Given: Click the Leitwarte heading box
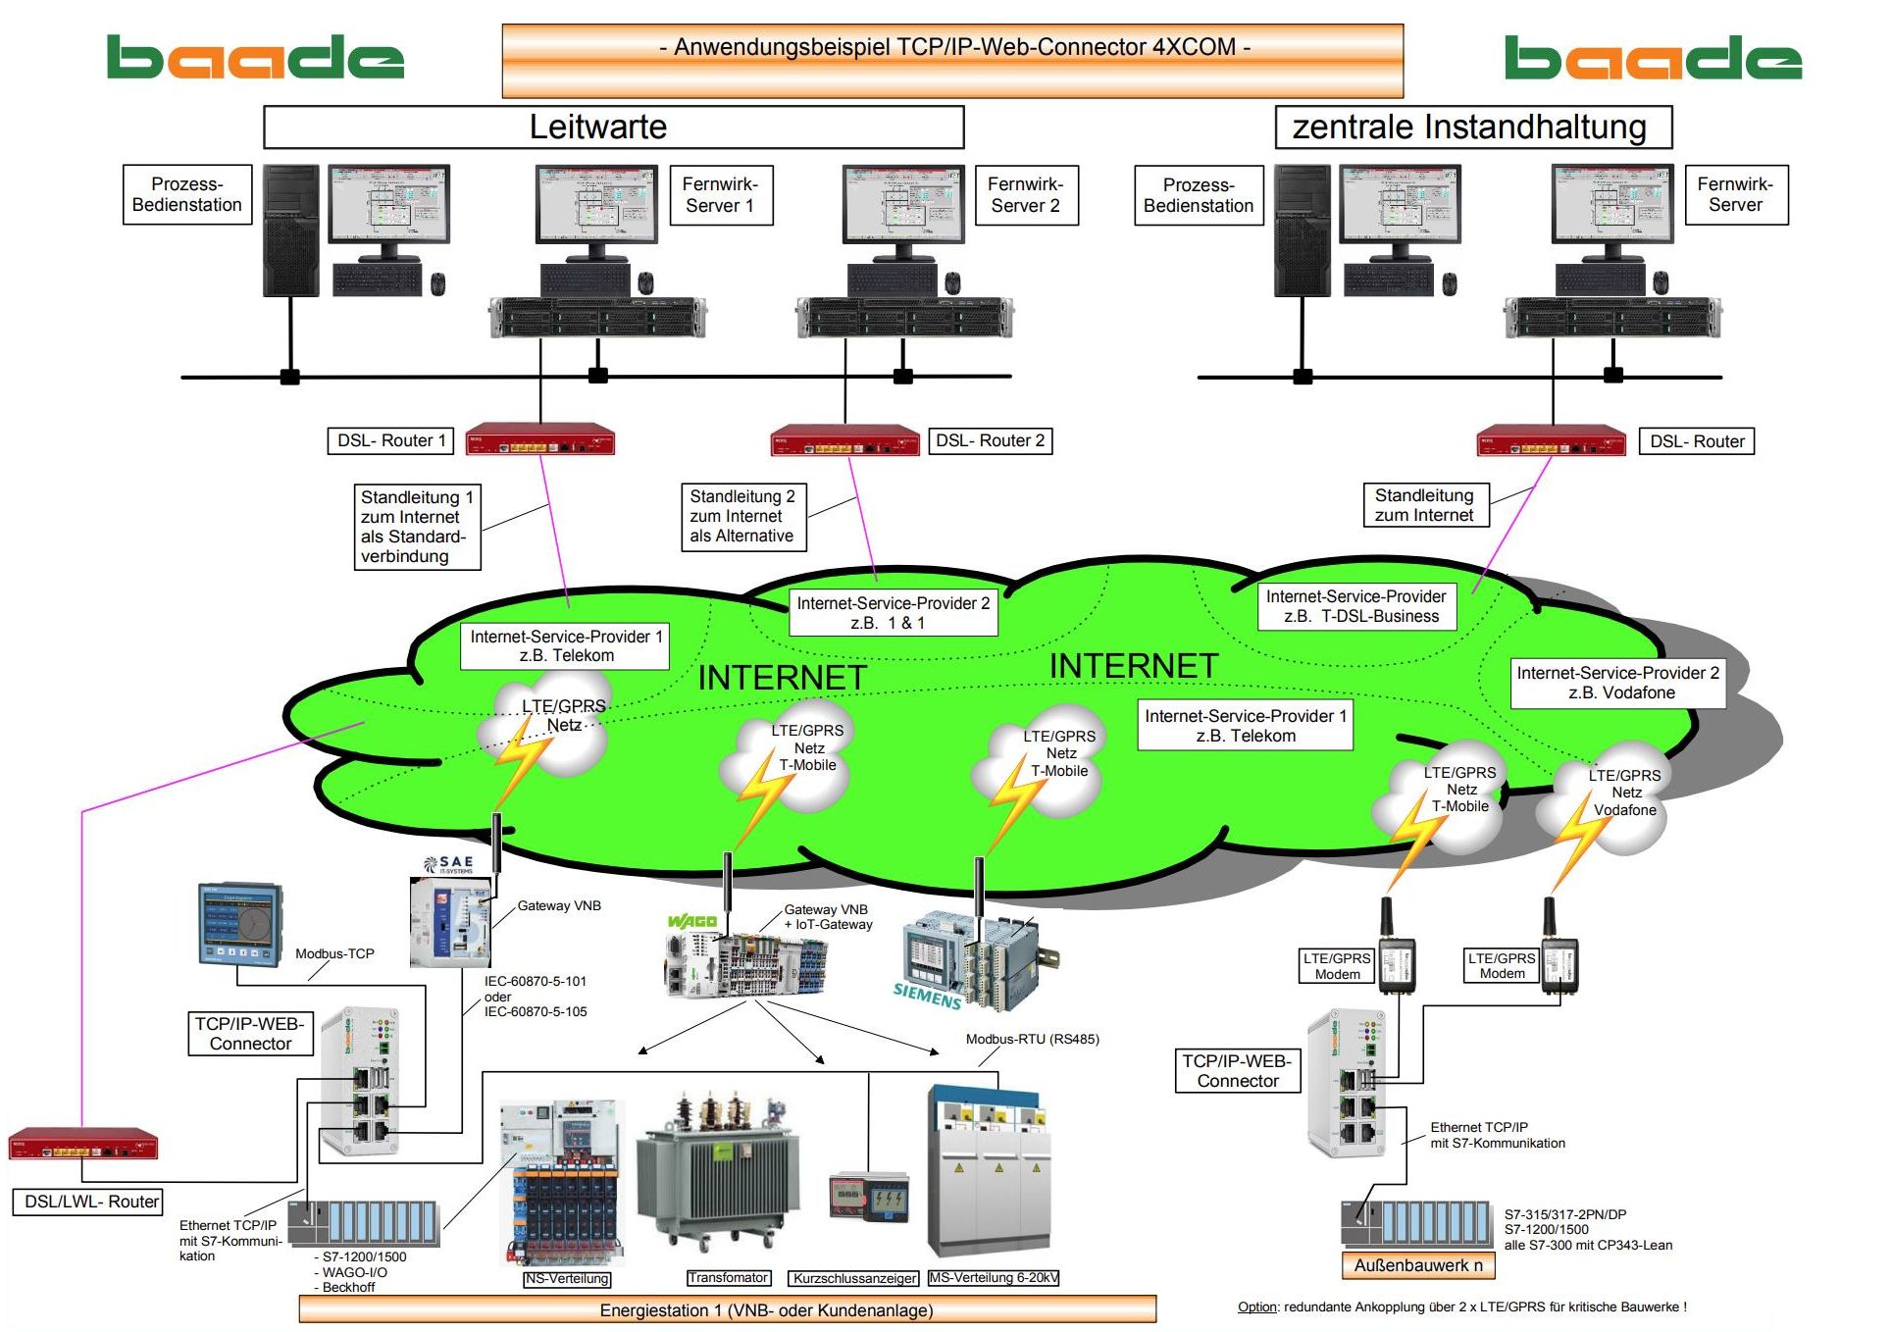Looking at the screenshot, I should coord(613,128).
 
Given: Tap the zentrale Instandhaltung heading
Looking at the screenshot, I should coord(1472,128).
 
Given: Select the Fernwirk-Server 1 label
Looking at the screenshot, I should coord(721,195).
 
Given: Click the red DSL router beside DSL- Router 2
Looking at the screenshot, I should coord(844,440).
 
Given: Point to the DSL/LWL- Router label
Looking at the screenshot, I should coord(89,1202).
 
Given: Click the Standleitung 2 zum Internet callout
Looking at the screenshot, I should coord(742,516).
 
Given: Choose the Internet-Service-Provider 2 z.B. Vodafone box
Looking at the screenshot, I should coord(1617,683).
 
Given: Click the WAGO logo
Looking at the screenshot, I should coord(692,921).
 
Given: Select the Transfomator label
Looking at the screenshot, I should coord(729,1278).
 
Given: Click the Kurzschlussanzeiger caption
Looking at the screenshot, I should coord(854,1279).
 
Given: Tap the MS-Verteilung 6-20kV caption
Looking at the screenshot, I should coord(994,1278).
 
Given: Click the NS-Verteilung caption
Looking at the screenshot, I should coord(567,1279).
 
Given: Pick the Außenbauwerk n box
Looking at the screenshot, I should coord(1417,1266).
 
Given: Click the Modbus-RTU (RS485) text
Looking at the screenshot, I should coord(1032,1040).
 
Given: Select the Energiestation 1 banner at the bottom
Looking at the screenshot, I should coord(727,1310).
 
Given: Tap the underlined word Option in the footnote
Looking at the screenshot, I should coord(1256,1307).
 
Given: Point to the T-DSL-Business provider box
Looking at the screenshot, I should coord(1355,606).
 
